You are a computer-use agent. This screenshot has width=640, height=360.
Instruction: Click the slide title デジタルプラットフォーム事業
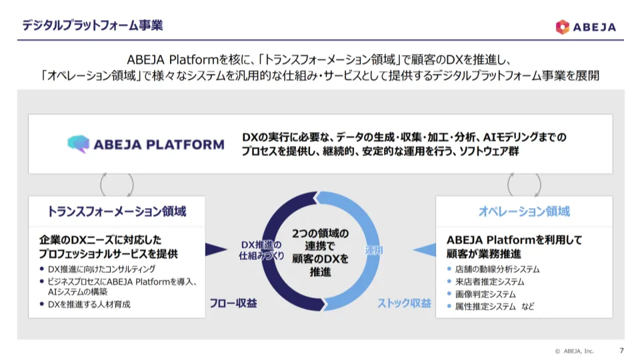point(92,25)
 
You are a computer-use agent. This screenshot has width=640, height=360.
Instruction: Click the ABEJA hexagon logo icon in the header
point(563,27)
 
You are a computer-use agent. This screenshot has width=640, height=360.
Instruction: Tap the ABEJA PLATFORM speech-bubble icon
point(78,144)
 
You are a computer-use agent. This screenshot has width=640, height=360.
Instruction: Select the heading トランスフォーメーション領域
point(117,211)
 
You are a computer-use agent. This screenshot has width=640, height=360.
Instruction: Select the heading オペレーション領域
point(524,211)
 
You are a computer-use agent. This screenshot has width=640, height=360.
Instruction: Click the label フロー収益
point(233,303)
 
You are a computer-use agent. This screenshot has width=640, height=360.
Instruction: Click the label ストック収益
point(405,303)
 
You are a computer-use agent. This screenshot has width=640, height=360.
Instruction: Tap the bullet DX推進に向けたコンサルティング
point(101,269)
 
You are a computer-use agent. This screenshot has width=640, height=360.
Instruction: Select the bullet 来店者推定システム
point(489,282)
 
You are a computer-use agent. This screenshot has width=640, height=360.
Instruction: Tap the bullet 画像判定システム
point(485,294)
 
